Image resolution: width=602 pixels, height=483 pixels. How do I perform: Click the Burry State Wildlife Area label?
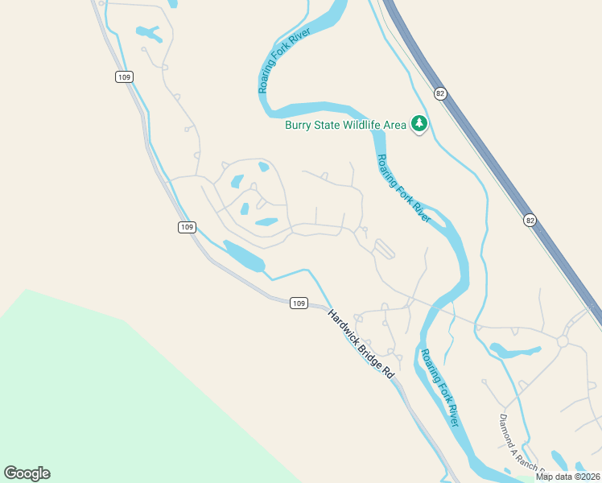click(x=345, y=125)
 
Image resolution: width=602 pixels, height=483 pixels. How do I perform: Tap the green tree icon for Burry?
click(x=419, y=124)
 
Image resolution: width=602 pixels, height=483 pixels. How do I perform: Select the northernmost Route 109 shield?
click(x=123, y=76)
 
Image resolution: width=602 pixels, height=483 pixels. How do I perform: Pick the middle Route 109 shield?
click(x=187, y=228)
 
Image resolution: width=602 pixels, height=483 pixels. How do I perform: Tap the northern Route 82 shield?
click(x=439, y=93)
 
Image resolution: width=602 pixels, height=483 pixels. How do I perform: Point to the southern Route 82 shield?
click(x=529, y=220)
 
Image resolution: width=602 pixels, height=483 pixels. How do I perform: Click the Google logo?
click(x=27, y=473)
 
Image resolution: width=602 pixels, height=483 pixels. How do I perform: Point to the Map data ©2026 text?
click(x=567, y=477)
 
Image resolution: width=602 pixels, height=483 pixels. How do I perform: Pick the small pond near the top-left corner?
click(x=149, y=34)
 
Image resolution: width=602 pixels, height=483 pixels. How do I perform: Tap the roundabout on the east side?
click(x=563, y=341)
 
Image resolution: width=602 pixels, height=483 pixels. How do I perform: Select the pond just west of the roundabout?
click(x=515, y=350)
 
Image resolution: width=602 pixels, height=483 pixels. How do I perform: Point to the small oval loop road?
click(x=384, y=249)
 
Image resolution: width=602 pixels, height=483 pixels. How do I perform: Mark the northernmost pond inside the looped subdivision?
click(x=263, y=167)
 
